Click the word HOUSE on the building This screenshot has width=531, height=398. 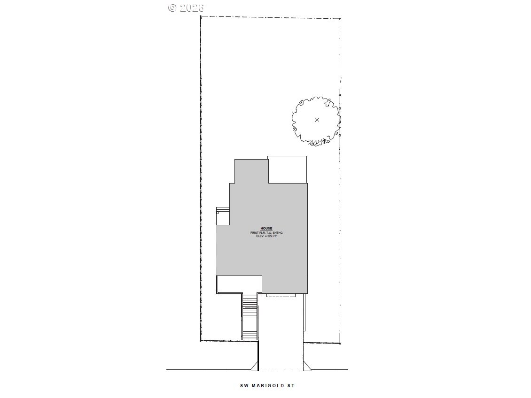[266, 229]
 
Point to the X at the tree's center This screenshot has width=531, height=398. [317, 120]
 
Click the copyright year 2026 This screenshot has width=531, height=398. [192, 8]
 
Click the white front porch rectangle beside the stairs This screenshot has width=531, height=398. [239, 284]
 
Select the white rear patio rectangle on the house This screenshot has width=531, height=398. [287, 169]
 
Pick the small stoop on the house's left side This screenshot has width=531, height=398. [223, 215]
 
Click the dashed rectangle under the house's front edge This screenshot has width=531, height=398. [281, 294]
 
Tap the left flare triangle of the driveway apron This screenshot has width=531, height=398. [255, 365]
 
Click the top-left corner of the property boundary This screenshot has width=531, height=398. [201, 17]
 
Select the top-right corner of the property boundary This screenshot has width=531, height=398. [340, 19]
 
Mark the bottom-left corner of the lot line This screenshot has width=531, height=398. [201, 340]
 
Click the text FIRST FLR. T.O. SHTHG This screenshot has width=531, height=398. [266, 232]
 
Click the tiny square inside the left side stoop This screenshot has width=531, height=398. [218, 213]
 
